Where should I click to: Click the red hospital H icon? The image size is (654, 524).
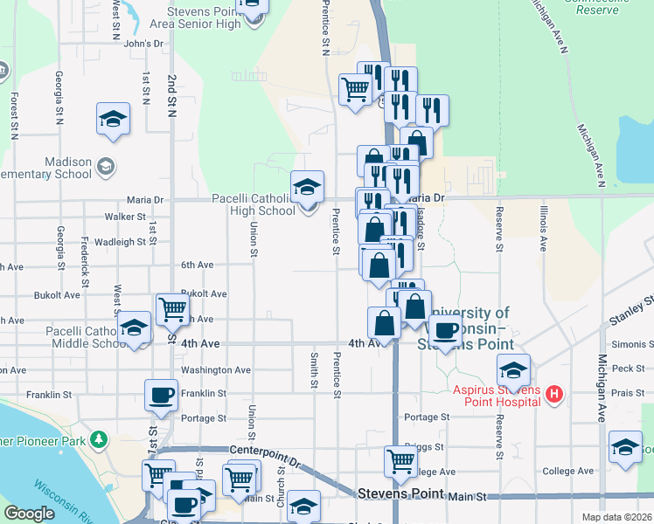pyautogui.click(x=553, y=395)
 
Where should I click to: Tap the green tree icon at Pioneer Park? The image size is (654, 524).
pyautogui.click(x=100, y=438)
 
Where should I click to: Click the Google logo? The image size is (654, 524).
pyautogui.click(x=30, y=514)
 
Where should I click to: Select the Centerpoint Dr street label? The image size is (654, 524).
pyautogui.click(x=264, y=450)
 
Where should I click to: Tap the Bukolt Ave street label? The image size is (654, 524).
pyautogui.click(x=204, y=294)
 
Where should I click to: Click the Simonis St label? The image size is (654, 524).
pyautogui.click(x=634, y=345)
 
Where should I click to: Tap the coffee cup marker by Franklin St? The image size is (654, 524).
pyautogui.click(x=162, y=396)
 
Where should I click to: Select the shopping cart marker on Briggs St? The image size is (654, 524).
pyautogui.click(x=400, y=460)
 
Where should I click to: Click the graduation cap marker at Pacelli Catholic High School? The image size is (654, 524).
pyautogui.click(x=307, y=187)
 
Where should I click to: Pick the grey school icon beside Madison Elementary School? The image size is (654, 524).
pyautogui.click(x=106, y=166)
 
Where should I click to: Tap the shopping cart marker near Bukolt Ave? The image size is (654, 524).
pyautogui.click(x=173, y=308)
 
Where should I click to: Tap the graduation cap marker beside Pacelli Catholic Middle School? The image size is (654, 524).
pyautogui.click(x=134, y=328)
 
